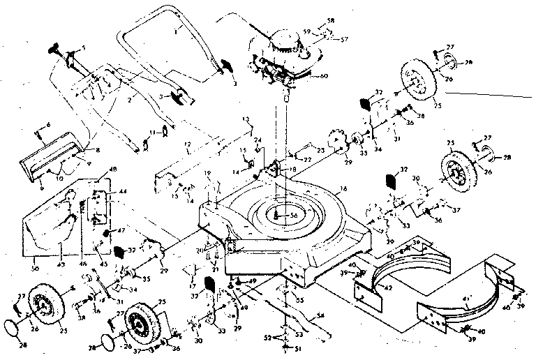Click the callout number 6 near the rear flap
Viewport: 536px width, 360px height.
click(x=48, y=124)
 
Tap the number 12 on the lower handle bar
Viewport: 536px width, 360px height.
click(x=187, y=144)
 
